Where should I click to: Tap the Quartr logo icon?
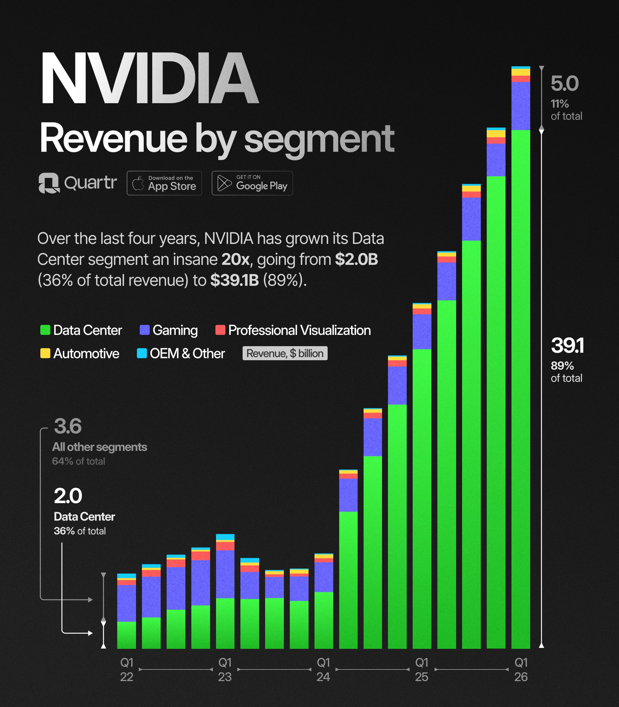(49, 183)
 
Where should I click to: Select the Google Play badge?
(252, 183)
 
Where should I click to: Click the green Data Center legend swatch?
(45, 330)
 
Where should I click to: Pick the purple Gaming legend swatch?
(144, 330)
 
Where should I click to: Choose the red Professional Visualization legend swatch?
(220, 330)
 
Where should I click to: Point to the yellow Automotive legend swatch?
(45, 353)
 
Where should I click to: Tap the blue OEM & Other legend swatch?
(142, 353)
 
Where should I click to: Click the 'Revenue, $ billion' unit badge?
(285, 353)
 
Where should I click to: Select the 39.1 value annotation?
(567, 345)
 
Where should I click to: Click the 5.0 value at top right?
(564, 83)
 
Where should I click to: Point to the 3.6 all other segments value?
(68, 426)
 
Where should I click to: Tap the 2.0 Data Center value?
(68, 496)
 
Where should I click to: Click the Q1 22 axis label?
(127, 669)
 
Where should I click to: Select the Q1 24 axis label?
(323, 669)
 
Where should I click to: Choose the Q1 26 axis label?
(521, 669)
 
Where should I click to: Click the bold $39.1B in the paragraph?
(234, 280)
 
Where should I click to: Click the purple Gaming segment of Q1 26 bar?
(521, 106)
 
